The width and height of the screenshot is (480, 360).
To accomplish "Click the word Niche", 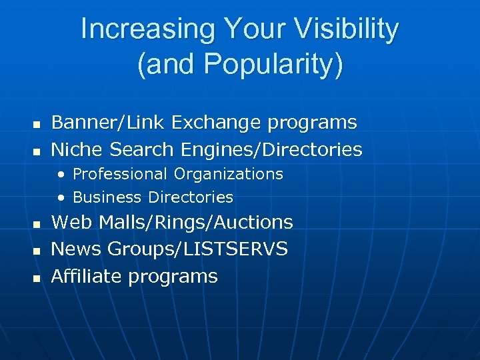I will pyautogui.click(x=78, y=150).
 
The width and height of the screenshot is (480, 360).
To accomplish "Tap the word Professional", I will pyautogui.click(x=121, y=175).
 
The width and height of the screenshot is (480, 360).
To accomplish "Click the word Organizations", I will pyautogui.click(x=229, y=175).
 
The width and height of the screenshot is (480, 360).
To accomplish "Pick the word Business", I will pyautogui.click(x=107, y=197).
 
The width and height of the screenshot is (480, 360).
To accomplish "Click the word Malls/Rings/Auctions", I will pyautogui.click(x=196, y=223).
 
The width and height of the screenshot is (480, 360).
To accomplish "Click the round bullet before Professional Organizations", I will pyautogui.click(x=61, y=175).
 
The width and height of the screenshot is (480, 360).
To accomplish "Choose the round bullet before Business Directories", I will pyautogui.click(x=61, y=198).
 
